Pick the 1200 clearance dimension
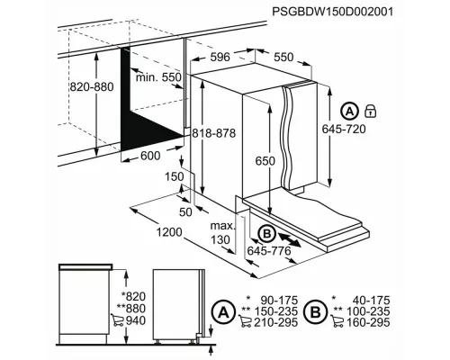pos(167,232)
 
